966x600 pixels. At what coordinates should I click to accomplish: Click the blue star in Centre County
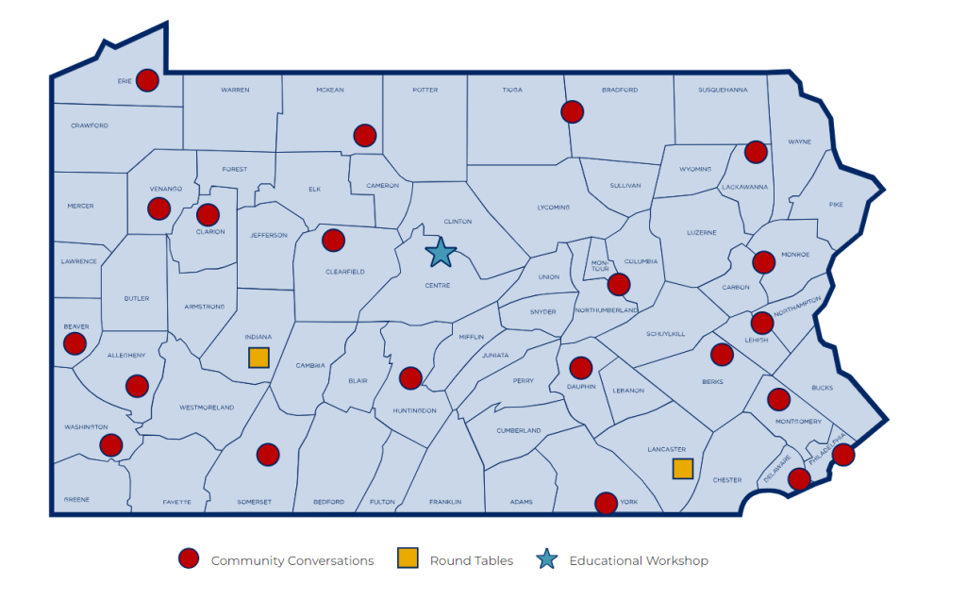(441, 253)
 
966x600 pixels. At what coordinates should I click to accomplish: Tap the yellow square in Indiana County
(258, 358)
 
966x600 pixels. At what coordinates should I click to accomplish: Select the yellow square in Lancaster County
(682, 469)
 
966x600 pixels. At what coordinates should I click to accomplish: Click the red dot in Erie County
(147, 80)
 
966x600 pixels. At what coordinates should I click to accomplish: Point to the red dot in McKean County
(364, 135)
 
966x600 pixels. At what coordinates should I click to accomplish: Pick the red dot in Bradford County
(572, 112)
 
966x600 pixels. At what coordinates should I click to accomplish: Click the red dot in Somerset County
(268, 455)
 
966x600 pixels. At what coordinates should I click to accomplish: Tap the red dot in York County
(606, 503)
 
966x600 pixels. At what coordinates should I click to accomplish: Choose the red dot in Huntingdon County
(410, 378)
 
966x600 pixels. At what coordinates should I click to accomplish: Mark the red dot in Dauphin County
(581, 368)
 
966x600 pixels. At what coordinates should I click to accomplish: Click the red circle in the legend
(189, 559)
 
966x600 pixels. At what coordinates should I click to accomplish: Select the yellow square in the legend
(408, 559)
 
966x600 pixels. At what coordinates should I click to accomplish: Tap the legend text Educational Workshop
(639, 560)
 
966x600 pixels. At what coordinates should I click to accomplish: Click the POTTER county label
(425, 90)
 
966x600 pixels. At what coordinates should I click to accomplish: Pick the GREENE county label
(77, 499)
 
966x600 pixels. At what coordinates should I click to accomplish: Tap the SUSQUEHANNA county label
(723, 90)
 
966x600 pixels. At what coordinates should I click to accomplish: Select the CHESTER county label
(726, 480)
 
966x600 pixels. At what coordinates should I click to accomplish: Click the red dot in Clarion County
(208, 215)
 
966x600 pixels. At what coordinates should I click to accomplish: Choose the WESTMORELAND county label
(206, 408)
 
